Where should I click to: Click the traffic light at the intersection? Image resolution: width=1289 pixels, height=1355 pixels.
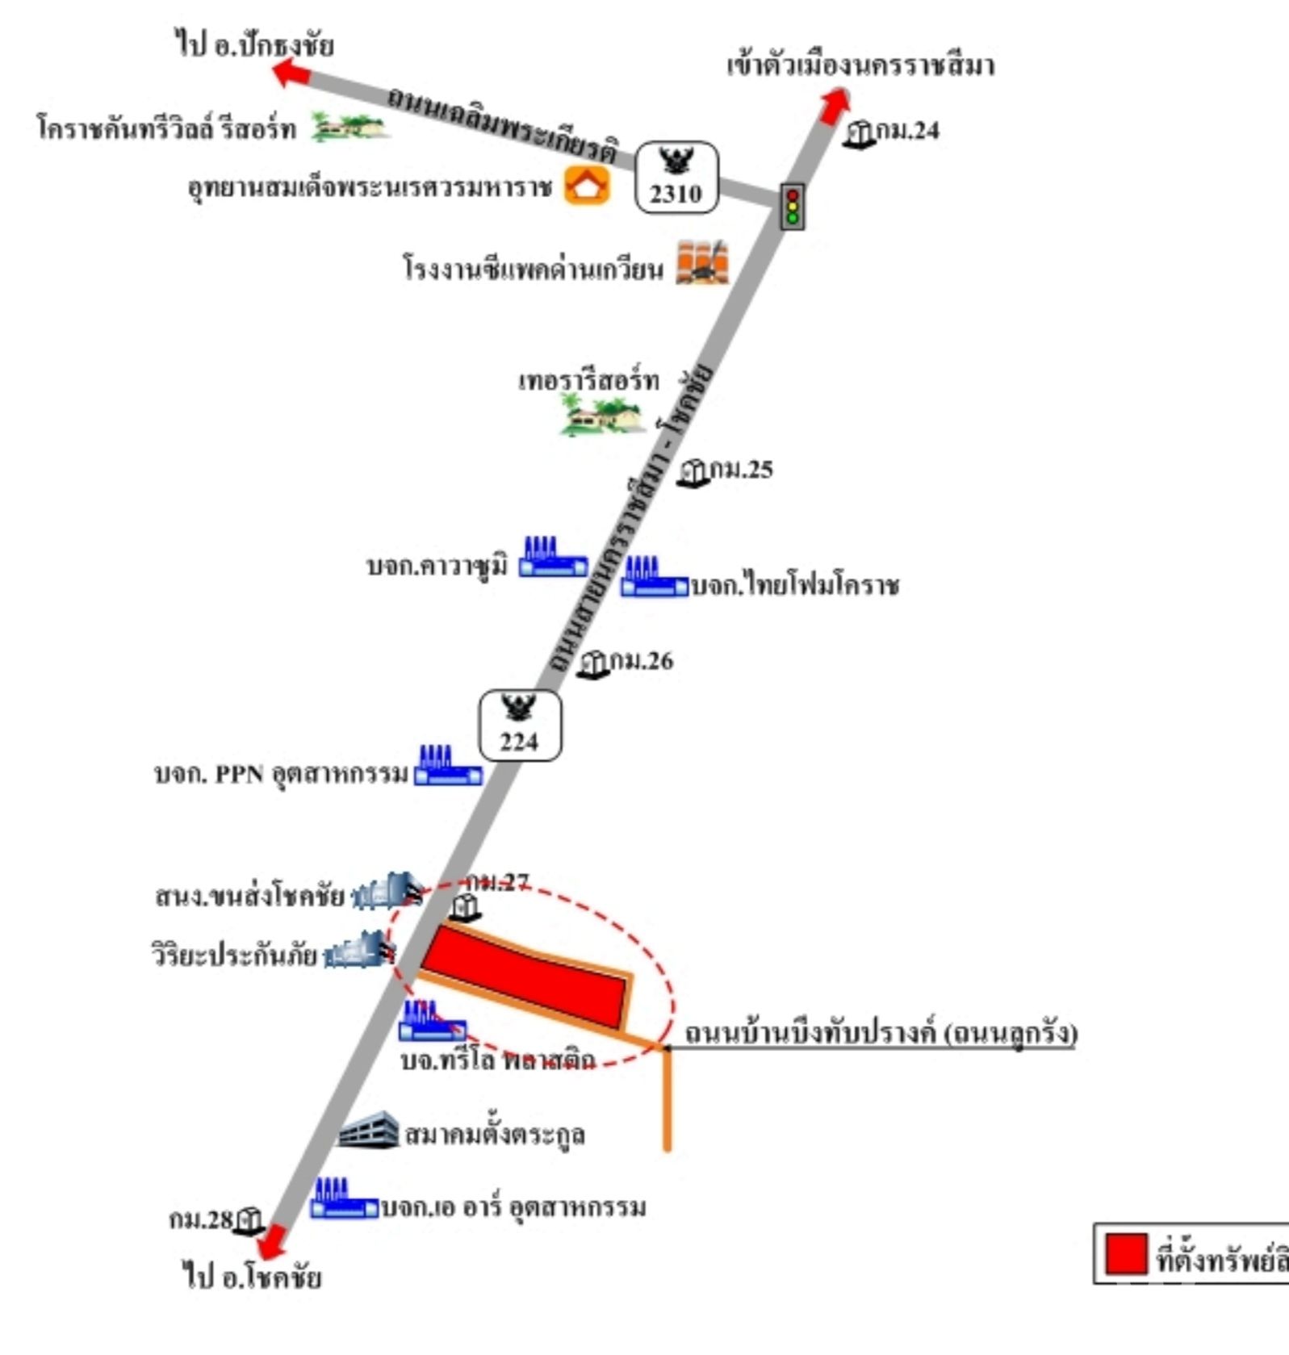pos(792,207)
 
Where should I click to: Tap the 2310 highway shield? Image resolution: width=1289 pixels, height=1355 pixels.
pos(676,178)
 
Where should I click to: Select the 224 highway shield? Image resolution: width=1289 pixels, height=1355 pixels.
pos(521,726)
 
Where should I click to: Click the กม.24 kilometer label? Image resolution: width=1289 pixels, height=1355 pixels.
pos(907,131)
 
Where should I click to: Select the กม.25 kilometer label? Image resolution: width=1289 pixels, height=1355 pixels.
pos(741,470)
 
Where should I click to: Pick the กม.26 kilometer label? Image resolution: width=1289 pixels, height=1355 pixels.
pos(641,661)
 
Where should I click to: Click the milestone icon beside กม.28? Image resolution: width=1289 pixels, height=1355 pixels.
pos(249,1220)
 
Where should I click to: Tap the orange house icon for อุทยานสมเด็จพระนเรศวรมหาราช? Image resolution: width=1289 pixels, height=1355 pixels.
pos(587,185)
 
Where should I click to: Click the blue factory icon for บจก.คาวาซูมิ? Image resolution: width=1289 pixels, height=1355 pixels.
pos(553,557)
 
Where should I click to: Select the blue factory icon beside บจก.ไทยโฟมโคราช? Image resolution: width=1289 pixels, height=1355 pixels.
pos(654,577)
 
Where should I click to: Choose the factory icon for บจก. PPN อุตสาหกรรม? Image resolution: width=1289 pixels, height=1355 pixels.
pos(448,765)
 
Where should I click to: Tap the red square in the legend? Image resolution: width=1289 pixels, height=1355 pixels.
pos(1125,1254)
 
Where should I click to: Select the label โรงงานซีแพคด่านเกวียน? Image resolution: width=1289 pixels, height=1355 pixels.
pos(533,269)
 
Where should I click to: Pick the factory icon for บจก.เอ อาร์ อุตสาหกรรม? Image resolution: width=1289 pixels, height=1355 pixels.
pos(345,1198)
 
